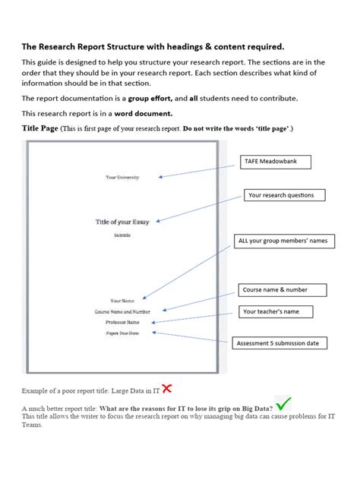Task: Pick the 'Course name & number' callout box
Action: click(x=283, y=289)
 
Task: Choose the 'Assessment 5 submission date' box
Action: click(x=282, y=343)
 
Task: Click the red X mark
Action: click(x=167, y=389)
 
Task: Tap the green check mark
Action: click(x=284, y=403)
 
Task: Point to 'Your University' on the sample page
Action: click(x=122, y=177)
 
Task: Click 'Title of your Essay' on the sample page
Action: click(x=122, y=222)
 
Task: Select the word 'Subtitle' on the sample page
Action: click(x=122, y=235)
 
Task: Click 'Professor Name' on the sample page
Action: click(x=122, y=322)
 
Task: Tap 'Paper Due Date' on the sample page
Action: click(x=122, y=333)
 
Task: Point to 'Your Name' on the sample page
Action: click(x=122, y=301)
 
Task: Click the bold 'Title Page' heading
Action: click(x=39, y=128)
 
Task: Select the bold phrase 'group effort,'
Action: click(x=149, y=98)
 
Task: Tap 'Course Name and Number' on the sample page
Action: click(x=122, y=311)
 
